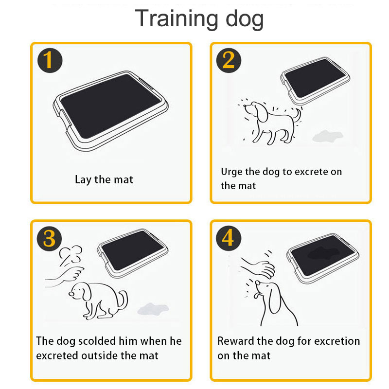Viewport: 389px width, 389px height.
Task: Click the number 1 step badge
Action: click(50, 60)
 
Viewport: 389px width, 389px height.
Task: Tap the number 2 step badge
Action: click(229, 60)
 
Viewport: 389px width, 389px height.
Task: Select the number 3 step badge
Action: click(50, 238)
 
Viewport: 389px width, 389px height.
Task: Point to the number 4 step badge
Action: click(229, 238)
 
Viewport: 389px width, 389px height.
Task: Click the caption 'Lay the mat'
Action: click(104, 179)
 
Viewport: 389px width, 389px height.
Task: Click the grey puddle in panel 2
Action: click(327, 136)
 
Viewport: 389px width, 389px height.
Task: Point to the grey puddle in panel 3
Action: click(153, 309)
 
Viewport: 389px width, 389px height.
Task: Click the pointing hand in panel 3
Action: click(65, 277)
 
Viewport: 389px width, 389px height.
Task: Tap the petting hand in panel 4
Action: click(259, 267)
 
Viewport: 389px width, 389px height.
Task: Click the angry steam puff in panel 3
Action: click(71, 254)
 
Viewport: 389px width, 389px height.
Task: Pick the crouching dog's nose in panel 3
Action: click(71, 294)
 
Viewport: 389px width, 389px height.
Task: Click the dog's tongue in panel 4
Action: click(257, 296)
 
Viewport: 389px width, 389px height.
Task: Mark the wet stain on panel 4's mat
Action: click(323, 253)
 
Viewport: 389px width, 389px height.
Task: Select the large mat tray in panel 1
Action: click(111, 111)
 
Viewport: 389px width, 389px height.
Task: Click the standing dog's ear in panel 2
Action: click(262, 113)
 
